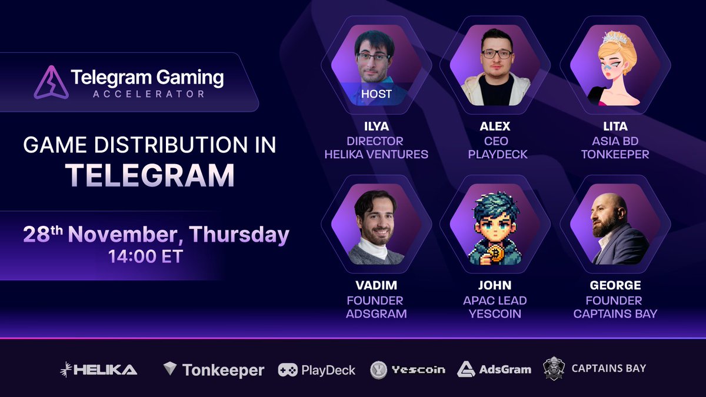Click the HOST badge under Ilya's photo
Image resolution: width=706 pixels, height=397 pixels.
(376, 94)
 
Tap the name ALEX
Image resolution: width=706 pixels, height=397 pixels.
(495, 126)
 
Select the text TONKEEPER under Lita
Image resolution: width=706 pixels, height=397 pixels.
(615, 154)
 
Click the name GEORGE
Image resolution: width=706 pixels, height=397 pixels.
(615, 286)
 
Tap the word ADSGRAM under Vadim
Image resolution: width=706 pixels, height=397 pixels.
(377, 313)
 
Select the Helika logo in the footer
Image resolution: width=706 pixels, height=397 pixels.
(99, 369)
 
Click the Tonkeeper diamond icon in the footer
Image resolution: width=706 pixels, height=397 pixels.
(170, 369)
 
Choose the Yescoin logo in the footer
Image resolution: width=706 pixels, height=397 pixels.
(378, 370)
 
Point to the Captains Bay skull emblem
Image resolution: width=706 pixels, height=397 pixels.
(554, 369)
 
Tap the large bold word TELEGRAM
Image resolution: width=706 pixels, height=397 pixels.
(149, 175)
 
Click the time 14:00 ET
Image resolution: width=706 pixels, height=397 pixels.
(145, 256)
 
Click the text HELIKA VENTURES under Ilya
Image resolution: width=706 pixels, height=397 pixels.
(377, 154)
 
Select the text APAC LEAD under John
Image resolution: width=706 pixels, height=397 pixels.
(495, 300)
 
